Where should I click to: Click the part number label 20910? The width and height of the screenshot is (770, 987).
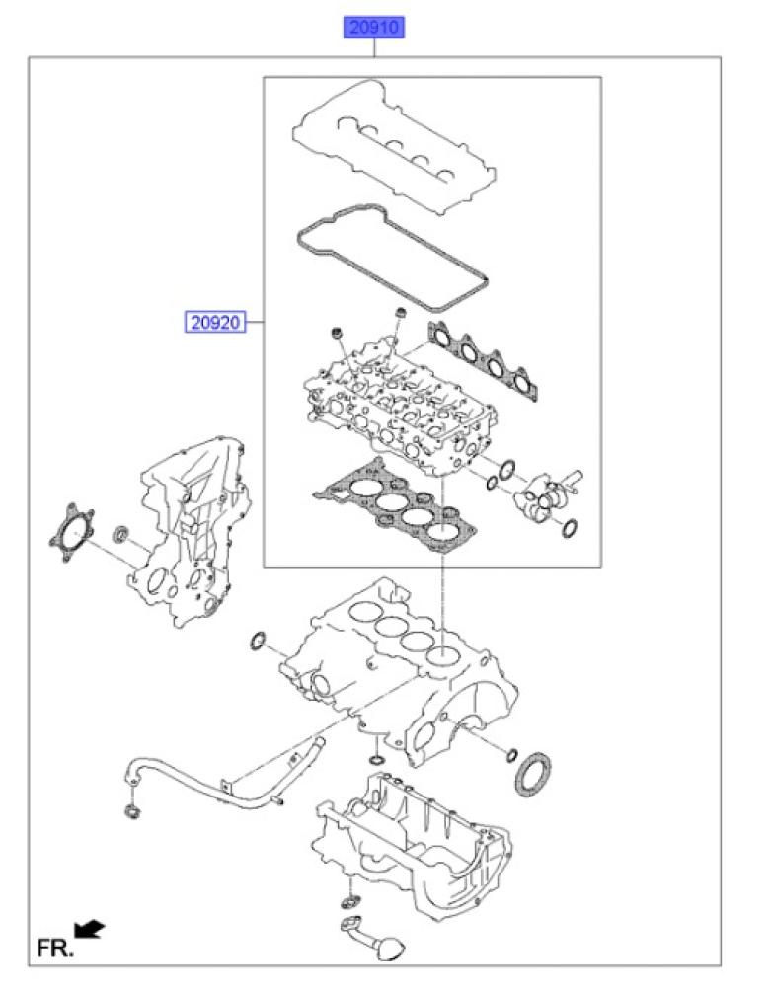click(373, 28)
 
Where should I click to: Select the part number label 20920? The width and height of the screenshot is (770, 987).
click(215, 323)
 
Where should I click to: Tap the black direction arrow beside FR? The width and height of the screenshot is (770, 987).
click(90, 928)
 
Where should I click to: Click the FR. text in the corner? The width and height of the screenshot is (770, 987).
click(54, 948)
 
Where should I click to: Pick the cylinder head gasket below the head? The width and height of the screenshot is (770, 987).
click(397, 506)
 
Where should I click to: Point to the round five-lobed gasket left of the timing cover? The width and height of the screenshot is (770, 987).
click(71, 533)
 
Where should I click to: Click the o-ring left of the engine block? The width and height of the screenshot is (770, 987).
click(258, 641)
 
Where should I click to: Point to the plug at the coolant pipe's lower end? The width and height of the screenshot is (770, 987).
click(133, 811)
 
